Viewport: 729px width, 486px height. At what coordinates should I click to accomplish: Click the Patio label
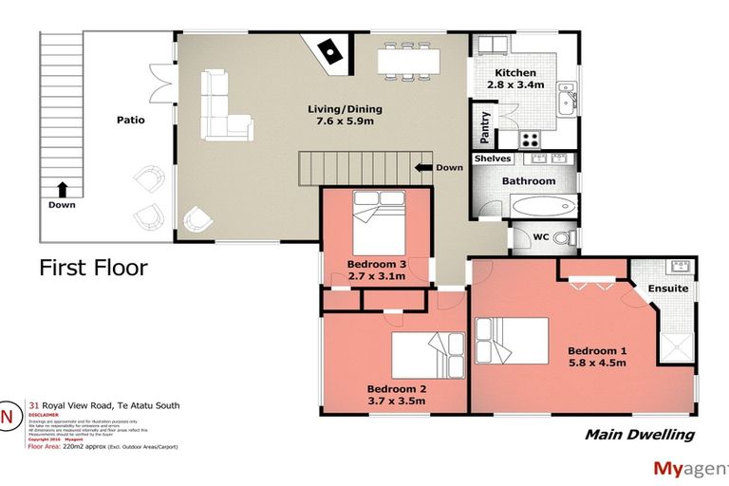pos(130,121)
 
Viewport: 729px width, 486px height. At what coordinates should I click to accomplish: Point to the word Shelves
pos(492,159)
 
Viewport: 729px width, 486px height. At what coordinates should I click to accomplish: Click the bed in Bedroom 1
pos(513,340)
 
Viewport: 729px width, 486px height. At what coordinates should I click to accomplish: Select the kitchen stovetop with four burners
pos(530,140)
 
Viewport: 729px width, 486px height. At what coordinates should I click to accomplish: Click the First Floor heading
pos(93,268)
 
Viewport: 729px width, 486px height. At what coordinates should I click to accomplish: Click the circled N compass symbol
pos(9,416)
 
